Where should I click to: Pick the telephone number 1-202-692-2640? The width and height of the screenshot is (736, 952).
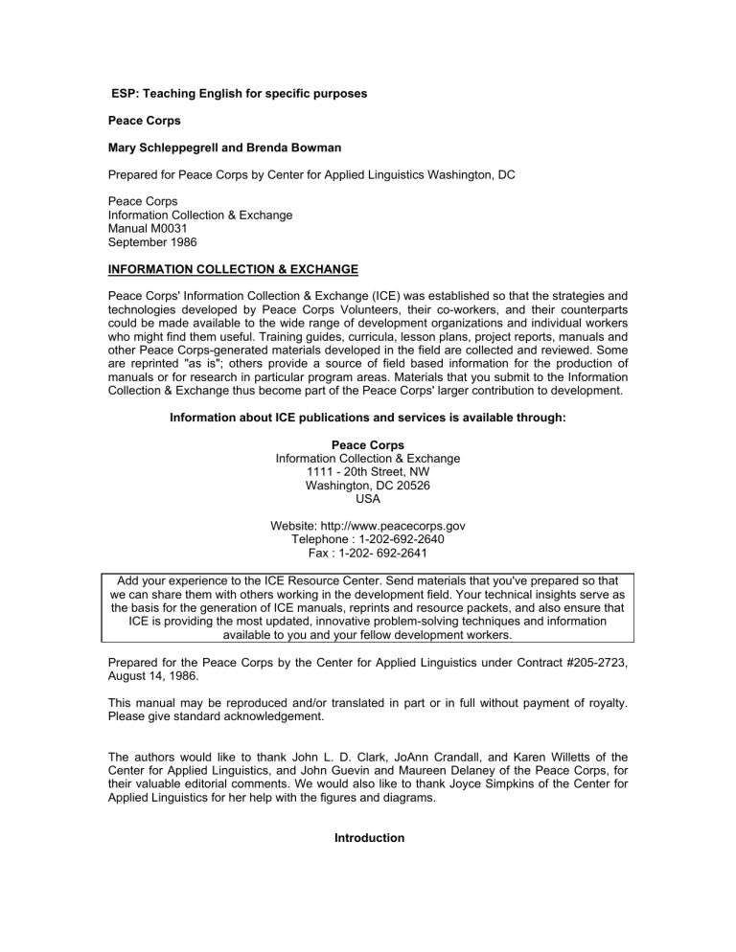(400, 539)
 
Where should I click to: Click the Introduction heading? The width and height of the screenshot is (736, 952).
(368, 838)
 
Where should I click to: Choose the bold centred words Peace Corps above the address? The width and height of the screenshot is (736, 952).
(368, 444)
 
